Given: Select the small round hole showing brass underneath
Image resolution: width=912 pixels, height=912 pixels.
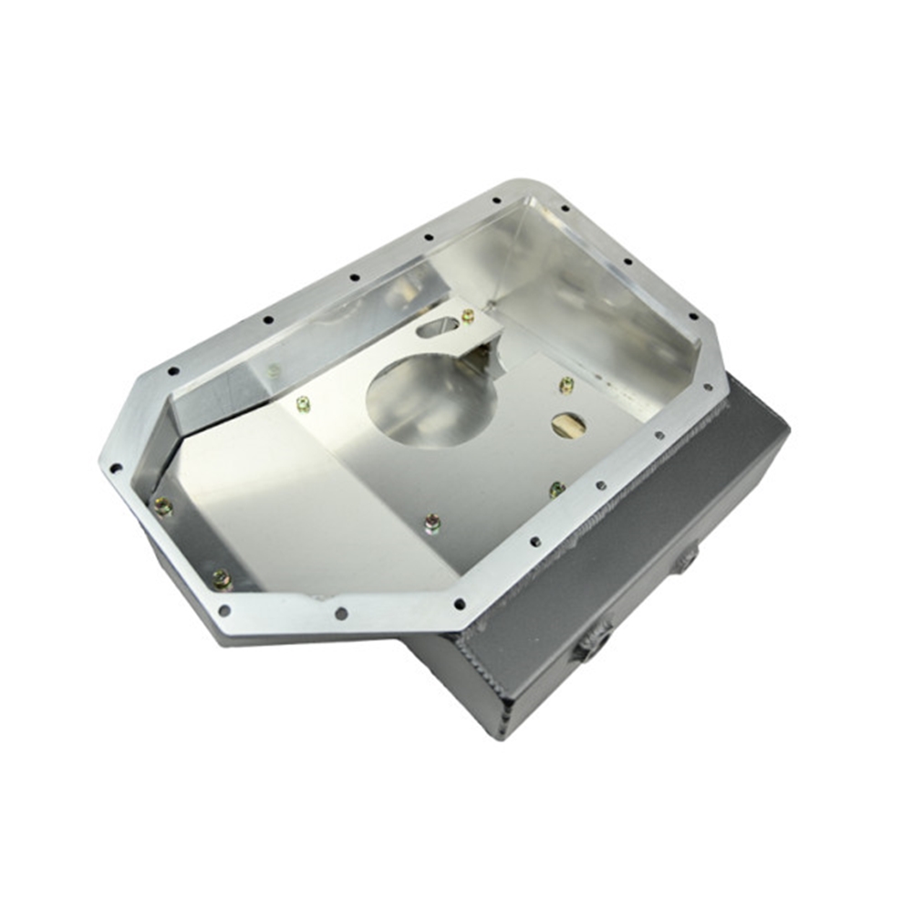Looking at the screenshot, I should click(x=568, y=424).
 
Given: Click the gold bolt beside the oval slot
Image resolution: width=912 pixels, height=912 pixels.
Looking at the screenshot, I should click(x=468, y=316).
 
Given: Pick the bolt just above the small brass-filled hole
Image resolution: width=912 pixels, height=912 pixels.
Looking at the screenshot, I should click(x=566, y=384).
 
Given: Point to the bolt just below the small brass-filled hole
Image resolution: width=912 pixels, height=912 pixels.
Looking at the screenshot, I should click(x=557, y=490).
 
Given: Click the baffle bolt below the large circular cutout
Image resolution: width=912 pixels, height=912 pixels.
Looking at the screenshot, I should click(x=432, y=523).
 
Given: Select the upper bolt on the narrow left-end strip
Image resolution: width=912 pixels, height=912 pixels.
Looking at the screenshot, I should click(x=163, y=507).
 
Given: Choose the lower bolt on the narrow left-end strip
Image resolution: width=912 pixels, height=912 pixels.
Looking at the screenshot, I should click(x=221, y=579).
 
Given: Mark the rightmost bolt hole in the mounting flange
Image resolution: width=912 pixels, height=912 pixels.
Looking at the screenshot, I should click(x=708, y=387).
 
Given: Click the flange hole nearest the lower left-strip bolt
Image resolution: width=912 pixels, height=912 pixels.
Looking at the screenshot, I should click(x=224, y=610).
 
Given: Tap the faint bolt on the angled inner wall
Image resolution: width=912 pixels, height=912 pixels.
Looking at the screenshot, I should click(x=274, y=370).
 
